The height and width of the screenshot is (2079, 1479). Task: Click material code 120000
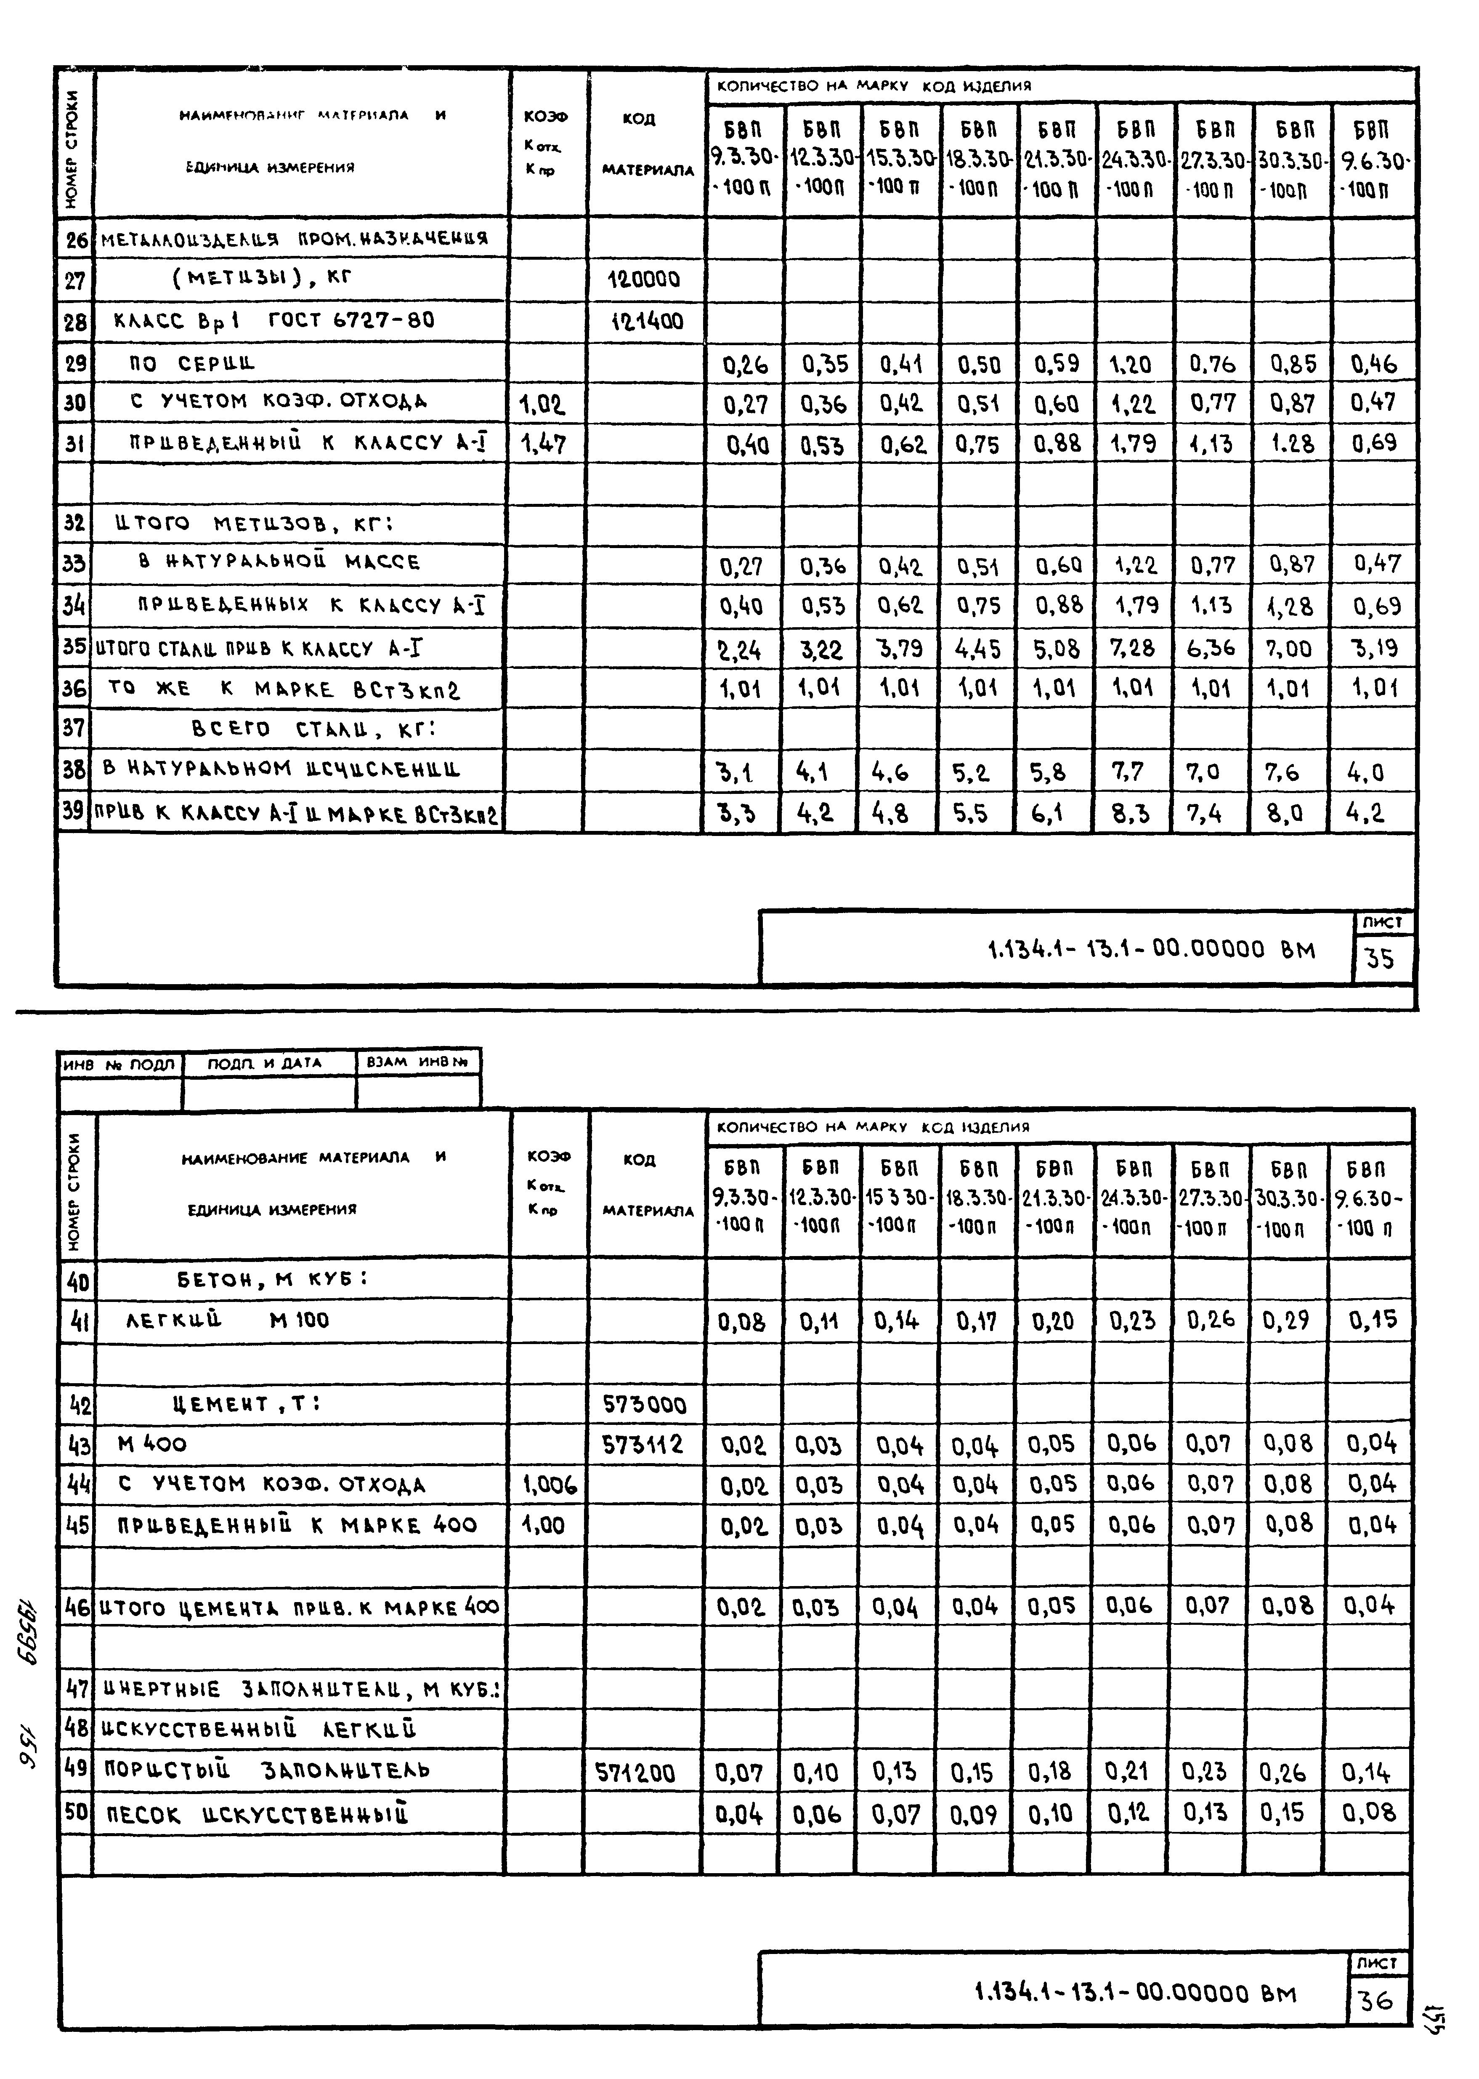[644, 280]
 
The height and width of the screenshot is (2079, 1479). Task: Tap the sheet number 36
[1375, 2001]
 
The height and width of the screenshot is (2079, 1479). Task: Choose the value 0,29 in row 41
[1287, 1320]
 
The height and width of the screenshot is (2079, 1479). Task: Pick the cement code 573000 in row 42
[644, 1404]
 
